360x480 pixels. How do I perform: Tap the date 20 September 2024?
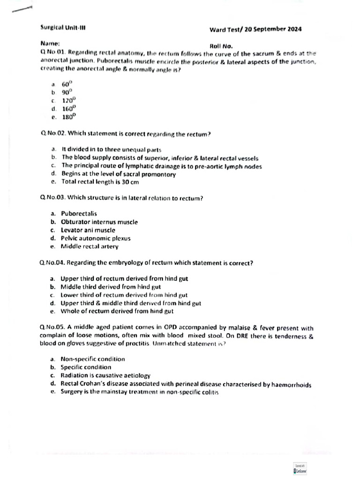coord(273,29)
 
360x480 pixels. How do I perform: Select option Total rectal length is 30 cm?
coord(100,182)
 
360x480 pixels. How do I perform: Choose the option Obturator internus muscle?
coord(99,222)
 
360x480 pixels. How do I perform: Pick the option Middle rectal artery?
coord(90,246)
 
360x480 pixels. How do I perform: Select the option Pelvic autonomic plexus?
coord(96,238)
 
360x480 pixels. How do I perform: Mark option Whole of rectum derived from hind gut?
coord(117,311)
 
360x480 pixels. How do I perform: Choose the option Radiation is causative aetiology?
coord(105,375)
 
